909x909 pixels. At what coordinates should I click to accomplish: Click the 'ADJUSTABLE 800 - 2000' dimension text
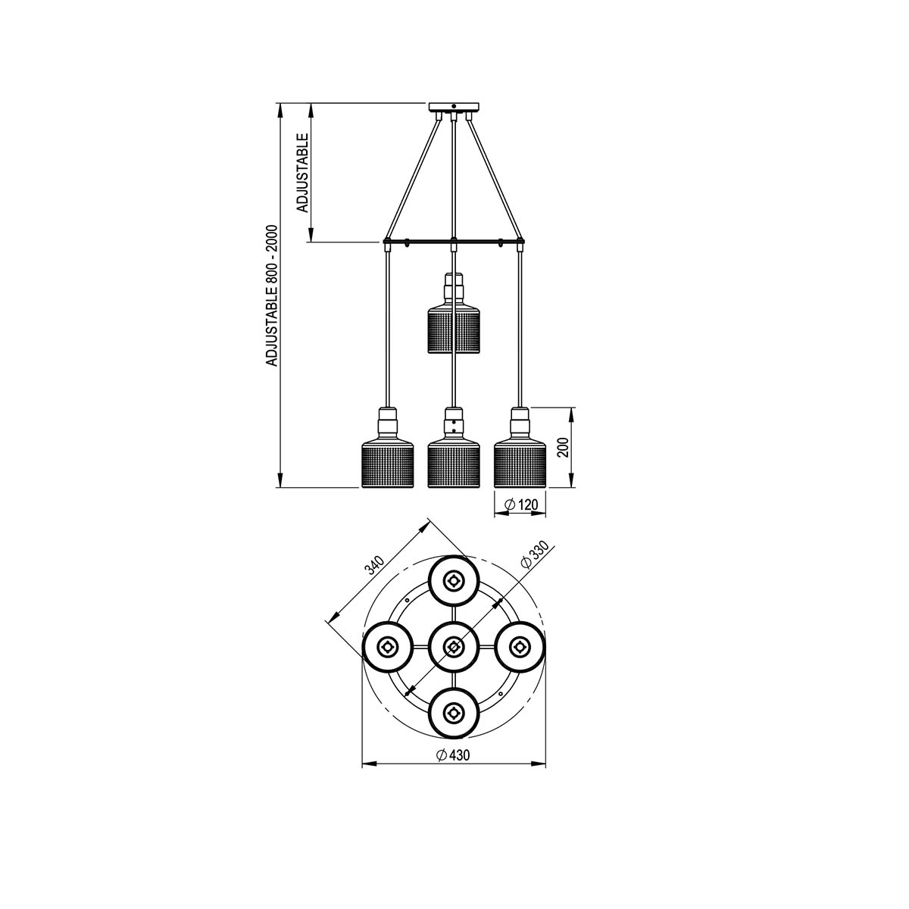point(273,296)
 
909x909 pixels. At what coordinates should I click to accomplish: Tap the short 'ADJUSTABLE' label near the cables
point(301,173)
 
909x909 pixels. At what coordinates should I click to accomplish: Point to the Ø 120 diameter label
point(520,504)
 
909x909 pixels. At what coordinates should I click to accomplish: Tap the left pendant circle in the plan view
point(387,647)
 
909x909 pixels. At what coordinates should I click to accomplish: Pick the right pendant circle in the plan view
point(519,647)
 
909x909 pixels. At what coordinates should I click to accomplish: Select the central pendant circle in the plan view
point(453,647)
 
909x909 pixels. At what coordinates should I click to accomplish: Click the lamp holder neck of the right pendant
point(520,420)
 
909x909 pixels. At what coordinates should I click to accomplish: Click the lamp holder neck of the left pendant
point(387,420)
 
